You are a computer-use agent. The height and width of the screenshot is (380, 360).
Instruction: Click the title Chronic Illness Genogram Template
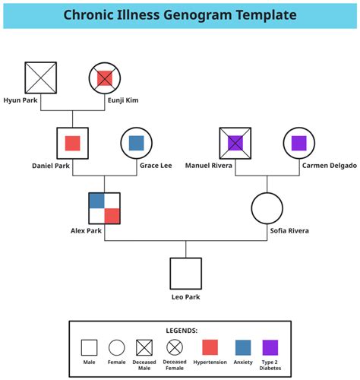click(180, 15)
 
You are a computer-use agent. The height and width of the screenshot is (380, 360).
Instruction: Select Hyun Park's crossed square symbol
click(41, 78)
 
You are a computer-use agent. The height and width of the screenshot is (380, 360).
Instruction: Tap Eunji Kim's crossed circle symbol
click(104, 78)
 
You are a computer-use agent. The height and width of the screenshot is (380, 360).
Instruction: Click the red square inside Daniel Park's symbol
click(73, 143)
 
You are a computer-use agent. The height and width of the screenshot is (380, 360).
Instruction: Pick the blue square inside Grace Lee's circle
click(136, 143)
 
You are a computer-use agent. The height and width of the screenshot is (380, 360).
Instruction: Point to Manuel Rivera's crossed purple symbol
click(235, 143)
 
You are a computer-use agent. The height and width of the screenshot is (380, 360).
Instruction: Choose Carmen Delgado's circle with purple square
click(298, 143)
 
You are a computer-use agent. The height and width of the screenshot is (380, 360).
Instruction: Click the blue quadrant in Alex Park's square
click(96, 201)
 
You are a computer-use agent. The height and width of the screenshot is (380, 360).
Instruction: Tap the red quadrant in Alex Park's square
click(112, 215)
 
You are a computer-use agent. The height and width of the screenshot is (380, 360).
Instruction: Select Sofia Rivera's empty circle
click(267, 208)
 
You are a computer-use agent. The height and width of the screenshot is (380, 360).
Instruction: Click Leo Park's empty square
click(185, 274)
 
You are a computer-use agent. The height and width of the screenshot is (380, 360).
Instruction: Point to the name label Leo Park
click(185, 297)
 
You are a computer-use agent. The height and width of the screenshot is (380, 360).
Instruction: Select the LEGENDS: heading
click(182, 331)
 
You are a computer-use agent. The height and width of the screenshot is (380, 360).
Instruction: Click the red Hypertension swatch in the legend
click(209, 347)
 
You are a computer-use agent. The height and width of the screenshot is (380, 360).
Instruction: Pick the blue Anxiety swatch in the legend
click(242, 347)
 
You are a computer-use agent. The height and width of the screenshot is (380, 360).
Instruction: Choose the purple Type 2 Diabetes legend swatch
click(270, 347)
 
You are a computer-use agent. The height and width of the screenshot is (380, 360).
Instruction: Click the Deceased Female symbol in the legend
click(174, 347)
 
